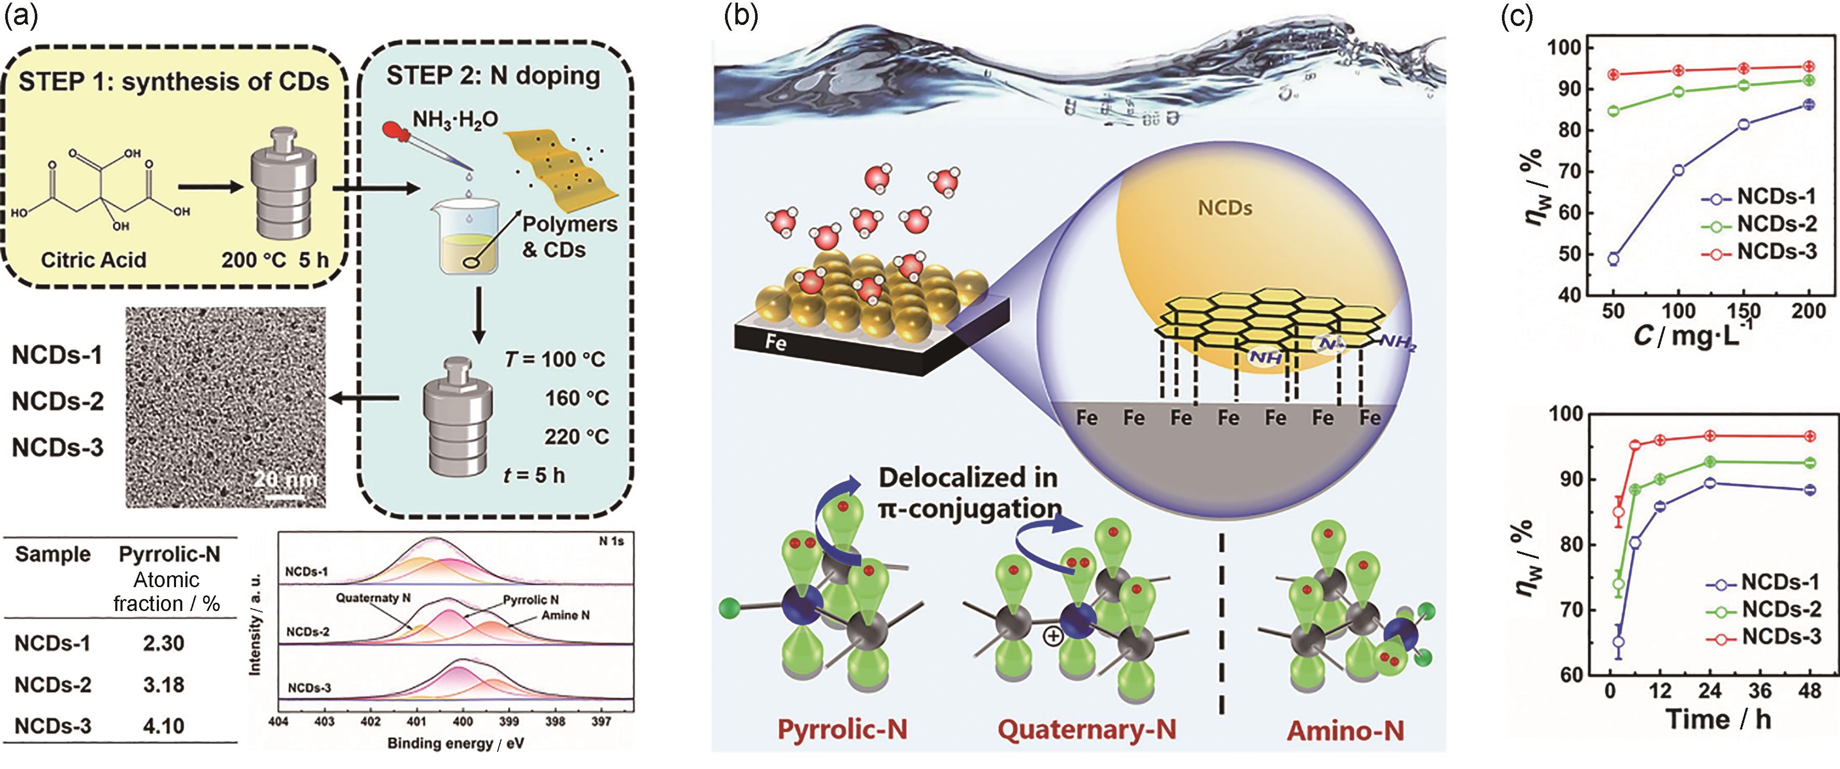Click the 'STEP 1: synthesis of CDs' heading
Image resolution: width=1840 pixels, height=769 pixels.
click(x=173, y=82)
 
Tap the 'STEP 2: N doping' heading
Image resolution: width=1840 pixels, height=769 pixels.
click(x=493, y=76)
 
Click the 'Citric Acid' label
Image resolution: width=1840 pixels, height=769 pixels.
click(x=93, y=259)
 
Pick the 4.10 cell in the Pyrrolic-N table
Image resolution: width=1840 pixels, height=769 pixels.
click(x=164, y=726)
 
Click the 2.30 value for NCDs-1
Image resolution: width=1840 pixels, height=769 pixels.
click(x=164, y=643)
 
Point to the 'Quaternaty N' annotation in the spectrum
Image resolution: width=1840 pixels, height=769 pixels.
click(x=373, y=598)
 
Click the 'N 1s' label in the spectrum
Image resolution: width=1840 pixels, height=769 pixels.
click(x=611, y=541)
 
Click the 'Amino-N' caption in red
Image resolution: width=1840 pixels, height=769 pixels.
click(x=1345, y=731)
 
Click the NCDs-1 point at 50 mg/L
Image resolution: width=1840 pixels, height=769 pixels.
click(x=1613, y=259)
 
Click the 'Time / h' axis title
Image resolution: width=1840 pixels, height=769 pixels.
click(x=1718, y=720)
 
